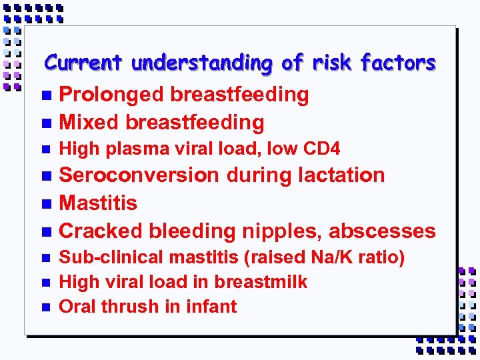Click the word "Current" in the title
84,63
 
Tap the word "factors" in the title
398,63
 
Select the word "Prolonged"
111,95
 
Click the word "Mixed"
89,123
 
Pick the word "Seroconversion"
139,175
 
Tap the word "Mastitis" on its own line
98,203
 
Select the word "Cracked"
101,231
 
